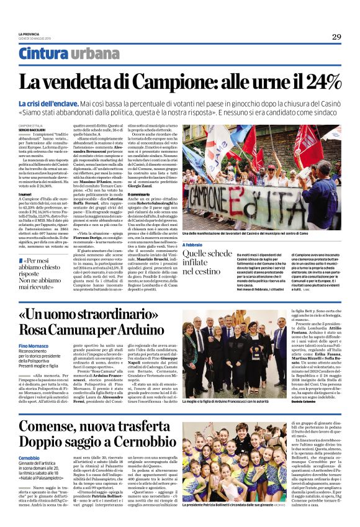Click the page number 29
click(336, 37)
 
